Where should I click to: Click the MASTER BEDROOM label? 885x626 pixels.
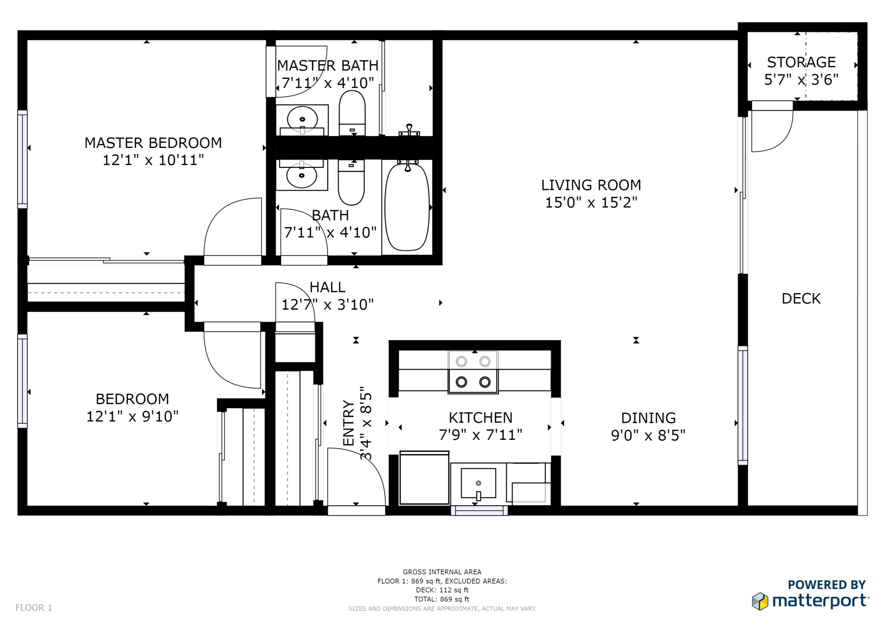[153, 143]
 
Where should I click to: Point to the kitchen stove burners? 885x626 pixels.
[473, 372]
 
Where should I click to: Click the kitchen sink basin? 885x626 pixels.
[478, 483]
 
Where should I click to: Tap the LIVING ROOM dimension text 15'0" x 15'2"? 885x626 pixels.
[591, 202]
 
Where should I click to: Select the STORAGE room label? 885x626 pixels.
[801, 62]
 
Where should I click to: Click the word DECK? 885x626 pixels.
[801, 299]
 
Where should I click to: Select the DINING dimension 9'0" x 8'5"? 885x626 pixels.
[648, 435]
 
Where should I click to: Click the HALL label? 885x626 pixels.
[327, 287]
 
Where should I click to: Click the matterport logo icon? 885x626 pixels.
[760, 601]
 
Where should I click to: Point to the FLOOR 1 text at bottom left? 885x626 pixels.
[34, 608]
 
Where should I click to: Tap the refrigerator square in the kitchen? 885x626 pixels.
[424, 478]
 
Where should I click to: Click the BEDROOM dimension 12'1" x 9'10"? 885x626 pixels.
[132, 416]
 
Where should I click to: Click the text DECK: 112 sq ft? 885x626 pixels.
[442, 590]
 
